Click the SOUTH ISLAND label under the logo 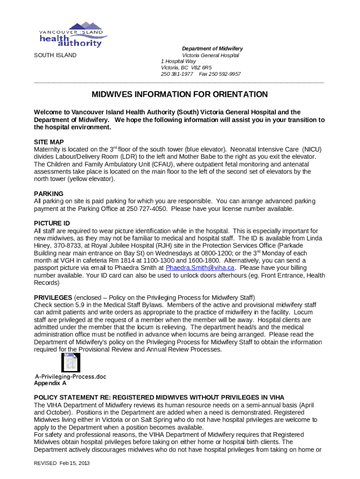(55, 55)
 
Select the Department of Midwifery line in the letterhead (212, 49)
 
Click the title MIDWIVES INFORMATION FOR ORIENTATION (180, 94)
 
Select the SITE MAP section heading (49, 142)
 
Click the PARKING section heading (49, 194)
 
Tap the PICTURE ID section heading (52, 223)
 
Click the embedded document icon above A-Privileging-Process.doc (71, 363)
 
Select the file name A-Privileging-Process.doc (71, 377)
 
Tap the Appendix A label (50, 383)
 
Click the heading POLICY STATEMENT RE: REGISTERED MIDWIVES (159, 398)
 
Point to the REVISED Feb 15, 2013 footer (62, 463)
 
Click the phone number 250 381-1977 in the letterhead (177, 74)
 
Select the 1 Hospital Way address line (179, 61)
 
